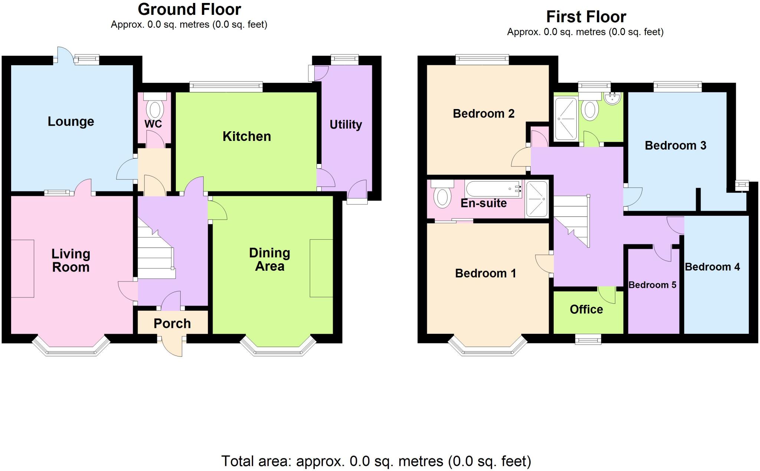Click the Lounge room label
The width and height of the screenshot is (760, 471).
71,121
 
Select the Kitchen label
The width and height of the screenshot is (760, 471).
246,136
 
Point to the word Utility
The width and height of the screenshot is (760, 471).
345,124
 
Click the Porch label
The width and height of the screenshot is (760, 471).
172,323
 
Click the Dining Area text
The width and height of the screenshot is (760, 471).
269,259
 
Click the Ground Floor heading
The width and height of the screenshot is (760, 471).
189,9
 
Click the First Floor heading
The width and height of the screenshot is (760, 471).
586,17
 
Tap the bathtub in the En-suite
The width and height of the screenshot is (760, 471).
492,189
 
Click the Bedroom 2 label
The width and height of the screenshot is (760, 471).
483,113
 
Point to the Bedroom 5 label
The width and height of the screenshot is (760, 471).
652,285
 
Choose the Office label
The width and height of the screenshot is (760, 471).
586,309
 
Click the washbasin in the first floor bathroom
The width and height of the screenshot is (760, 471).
612,98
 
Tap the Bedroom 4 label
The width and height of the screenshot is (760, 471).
712,267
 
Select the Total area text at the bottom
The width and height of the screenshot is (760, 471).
376,461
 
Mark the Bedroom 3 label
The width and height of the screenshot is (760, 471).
675,145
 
